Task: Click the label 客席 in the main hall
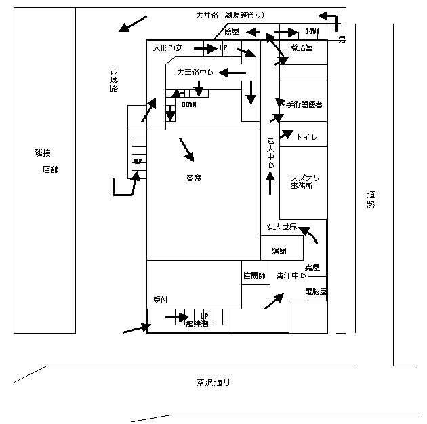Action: click(193, 178)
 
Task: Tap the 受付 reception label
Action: click(161, 299)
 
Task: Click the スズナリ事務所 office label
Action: click(306, 182)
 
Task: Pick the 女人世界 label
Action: click(281, 227)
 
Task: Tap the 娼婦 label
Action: click(279, 251)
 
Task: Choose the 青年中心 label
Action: click(291, 276)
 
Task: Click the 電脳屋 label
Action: click(316, 292)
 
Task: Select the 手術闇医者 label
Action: click(304, 104)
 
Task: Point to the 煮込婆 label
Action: click(301, 47)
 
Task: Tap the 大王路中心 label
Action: click(195, 71)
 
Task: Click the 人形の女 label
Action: click(168, 48)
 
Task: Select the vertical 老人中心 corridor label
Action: click(270, 152)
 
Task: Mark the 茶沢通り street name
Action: click(213, 382)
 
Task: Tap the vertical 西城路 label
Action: click(114, 80)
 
